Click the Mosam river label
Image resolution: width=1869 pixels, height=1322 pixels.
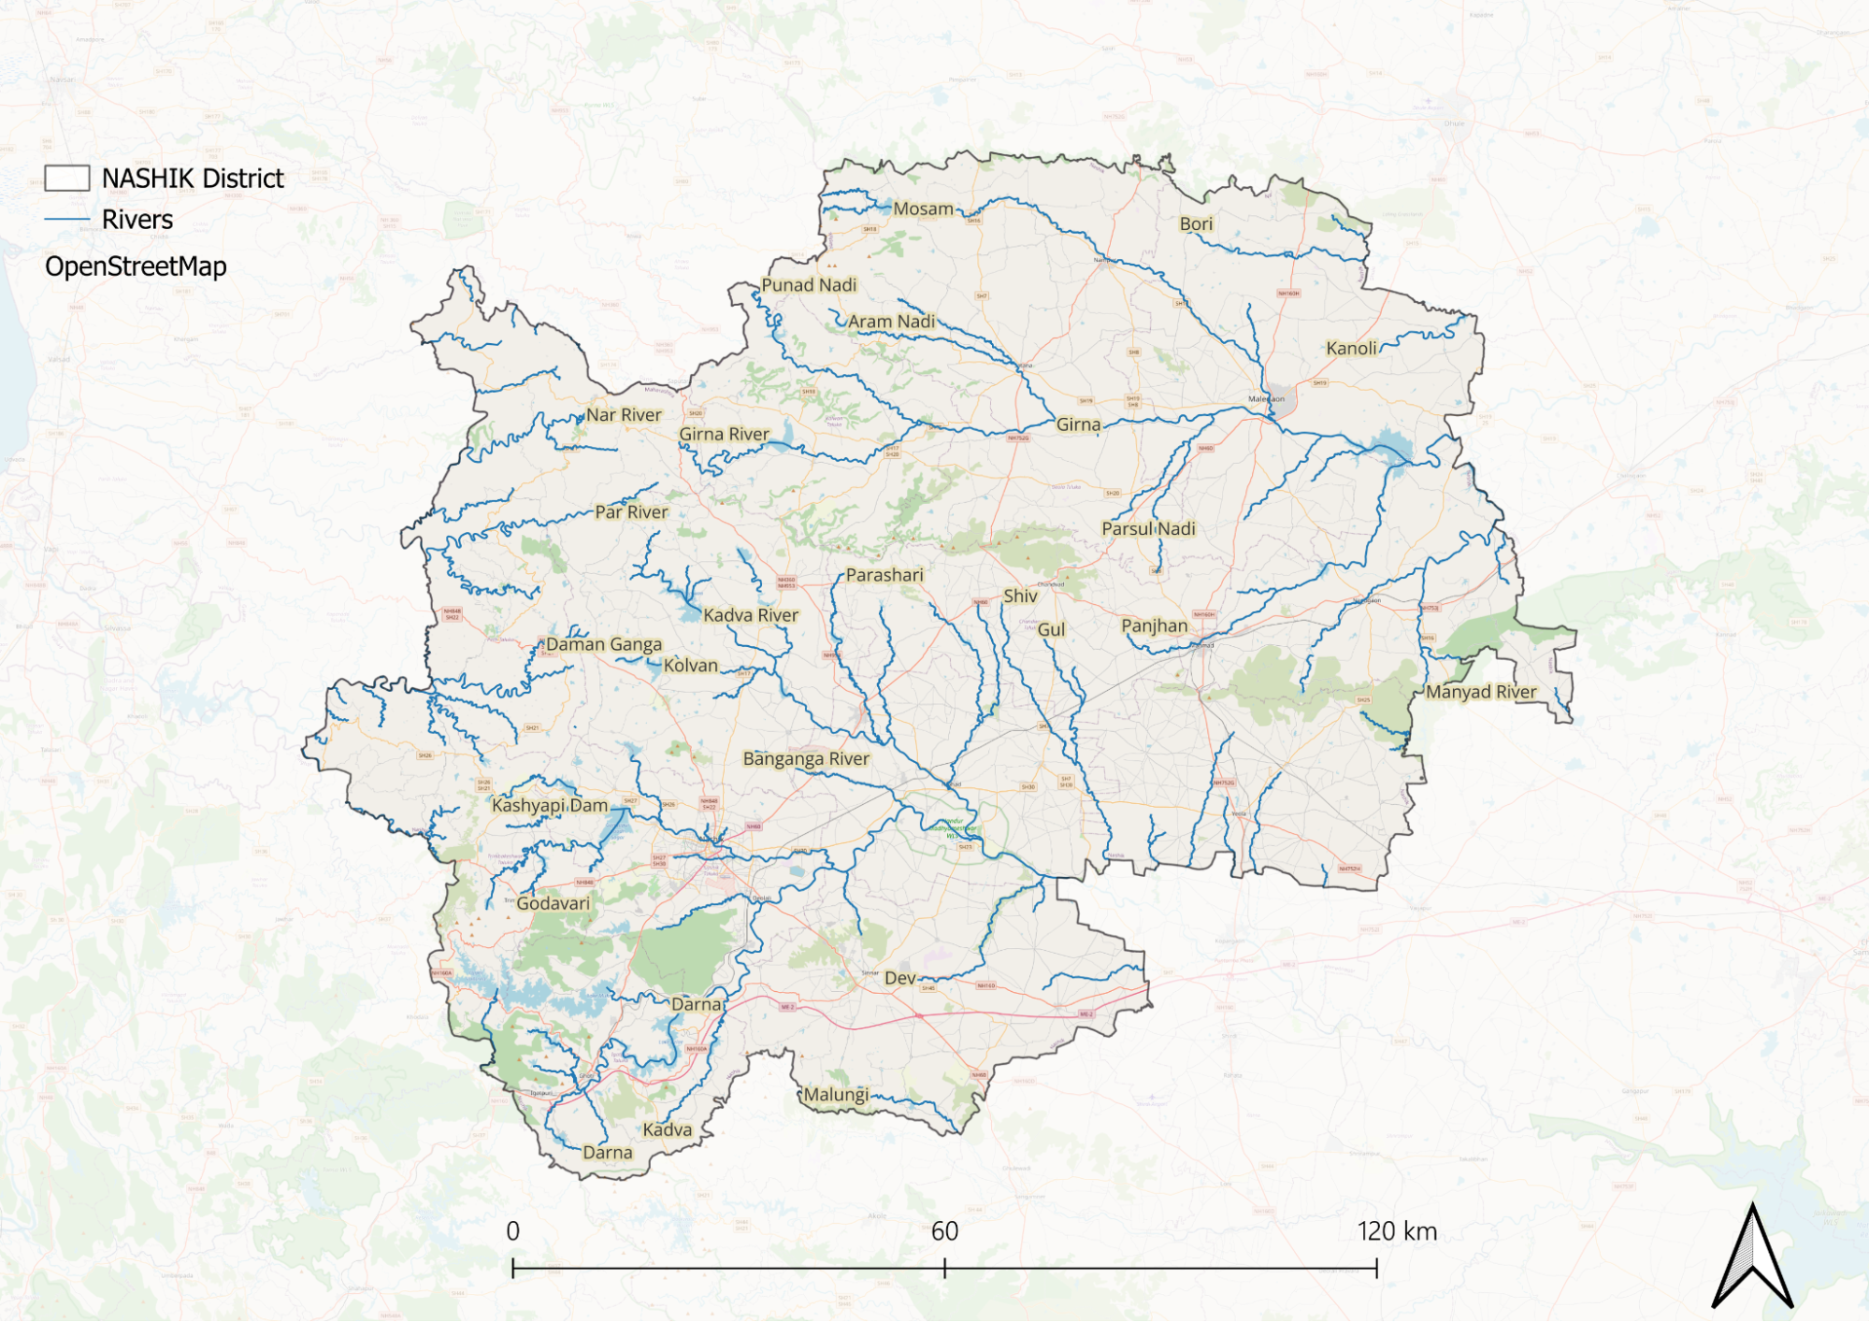pyautogui.click(x=923, y=209)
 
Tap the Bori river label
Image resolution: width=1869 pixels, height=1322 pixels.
pyautogui.click(x=1196, y=224)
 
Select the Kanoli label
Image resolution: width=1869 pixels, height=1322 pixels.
pyautogui.click(x=1351, y=349)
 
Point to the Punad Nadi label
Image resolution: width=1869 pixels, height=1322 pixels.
pyautogui.click(x=809, y=285)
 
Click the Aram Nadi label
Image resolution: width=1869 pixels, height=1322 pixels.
pyautogui.click(x=891, y=322)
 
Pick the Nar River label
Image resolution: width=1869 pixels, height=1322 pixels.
pyautogui.click(x=624, y=415)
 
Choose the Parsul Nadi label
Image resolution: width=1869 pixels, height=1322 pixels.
pyautogui.click(x=1148, y=529)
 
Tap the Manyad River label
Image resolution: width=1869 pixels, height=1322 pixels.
pyautogui.click(x=1481, y=692)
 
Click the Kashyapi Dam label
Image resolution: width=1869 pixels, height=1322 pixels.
pyautogui.click(x=550, y=806)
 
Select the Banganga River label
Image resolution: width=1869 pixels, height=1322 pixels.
pyautogui.click(x=806, y=759)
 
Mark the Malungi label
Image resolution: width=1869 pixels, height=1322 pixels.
pyautogui.click(x=836, y=1095)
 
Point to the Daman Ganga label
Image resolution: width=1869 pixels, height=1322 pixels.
pyautogui.click(x=603, y=645)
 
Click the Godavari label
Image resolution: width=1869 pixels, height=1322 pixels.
pyautogui.click(x=553, y=904)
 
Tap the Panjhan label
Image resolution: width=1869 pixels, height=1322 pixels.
pyautogui.click(x=1154, y=626)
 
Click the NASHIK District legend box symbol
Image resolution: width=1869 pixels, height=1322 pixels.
pyautogui.click(x=67, y=179)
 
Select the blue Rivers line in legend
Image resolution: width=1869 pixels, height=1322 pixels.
pyautogui.click(x=67, y=220)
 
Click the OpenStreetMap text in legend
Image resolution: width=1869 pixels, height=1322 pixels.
pyautogui.click(x=136, y=266)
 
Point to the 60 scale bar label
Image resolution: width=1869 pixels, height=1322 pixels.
pyautogui.click(x=944, y=1231)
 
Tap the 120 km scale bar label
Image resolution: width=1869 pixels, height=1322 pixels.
pyautogui.click(x=1397, y=1231)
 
